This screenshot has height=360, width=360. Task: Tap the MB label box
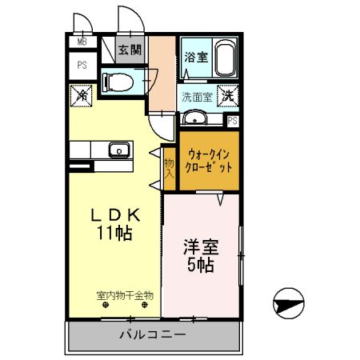(82, 42)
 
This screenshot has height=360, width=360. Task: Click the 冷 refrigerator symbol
(82, 94)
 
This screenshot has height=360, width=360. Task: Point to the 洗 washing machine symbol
(228, 95)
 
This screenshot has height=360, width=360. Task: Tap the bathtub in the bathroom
(222, 58)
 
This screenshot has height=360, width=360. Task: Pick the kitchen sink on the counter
(119, 150)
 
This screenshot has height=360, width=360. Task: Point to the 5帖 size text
(200, 266)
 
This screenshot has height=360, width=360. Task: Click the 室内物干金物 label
(125, 296)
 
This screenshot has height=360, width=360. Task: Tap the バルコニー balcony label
(154, 334)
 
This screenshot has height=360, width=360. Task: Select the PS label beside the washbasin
(233, 121)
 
